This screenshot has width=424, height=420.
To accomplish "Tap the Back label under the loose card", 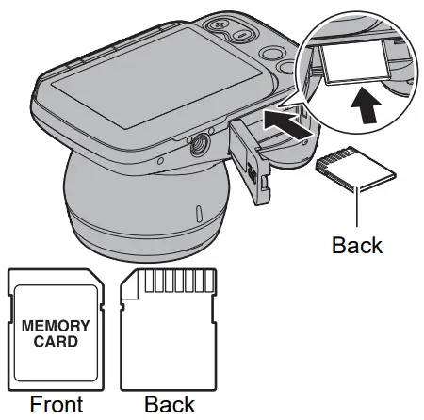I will click(357, 245).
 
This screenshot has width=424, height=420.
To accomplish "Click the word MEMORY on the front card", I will click(57, 326).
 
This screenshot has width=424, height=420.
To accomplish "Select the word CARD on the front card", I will click(57, 341).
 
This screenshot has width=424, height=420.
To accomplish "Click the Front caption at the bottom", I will click(57, 404).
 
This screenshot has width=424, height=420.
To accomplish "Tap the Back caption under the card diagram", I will click(170, 404).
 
